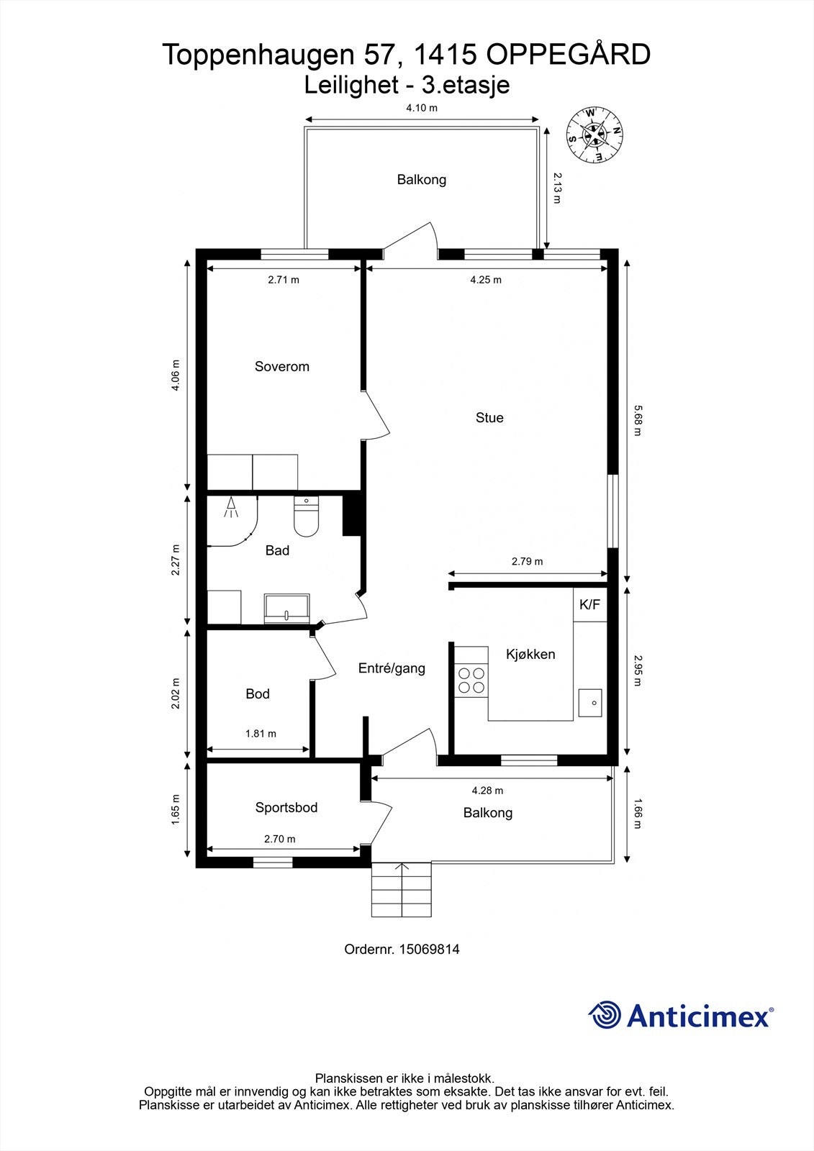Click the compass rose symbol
coord(594,135)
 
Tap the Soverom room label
coord(282,367)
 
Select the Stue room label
coord(489,418)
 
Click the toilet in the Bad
coord(307,517)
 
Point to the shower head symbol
coord(232,507)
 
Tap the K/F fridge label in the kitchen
coord(589,605)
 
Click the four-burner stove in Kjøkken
coord(471,681)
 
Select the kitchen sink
coord(589,702)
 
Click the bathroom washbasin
coord(287,609)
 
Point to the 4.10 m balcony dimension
coord(422,108)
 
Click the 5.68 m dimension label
coord(638,420)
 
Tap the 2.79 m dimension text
coord(527,562)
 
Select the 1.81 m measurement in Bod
coord(261,734)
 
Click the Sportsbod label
coord(286,808)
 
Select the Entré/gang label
coord(392,668)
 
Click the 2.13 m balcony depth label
coord(557,188)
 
